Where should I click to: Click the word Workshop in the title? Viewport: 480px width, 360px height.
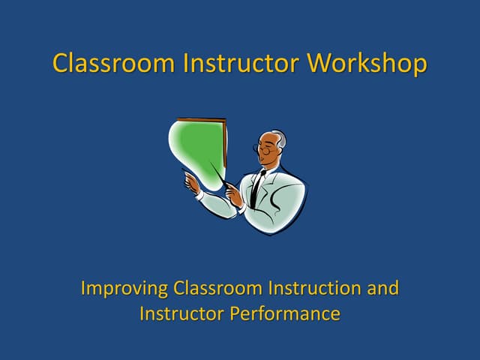click(x=367, y=63)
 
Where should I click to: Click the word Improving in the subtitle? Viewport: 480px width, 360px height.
click(x=124, y=288)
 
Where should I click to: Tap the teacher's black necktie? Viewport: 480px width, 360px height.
click(x=257, y=188)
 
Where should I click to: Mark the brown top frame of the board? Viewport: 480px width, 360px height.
click(x=201, y=120)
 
